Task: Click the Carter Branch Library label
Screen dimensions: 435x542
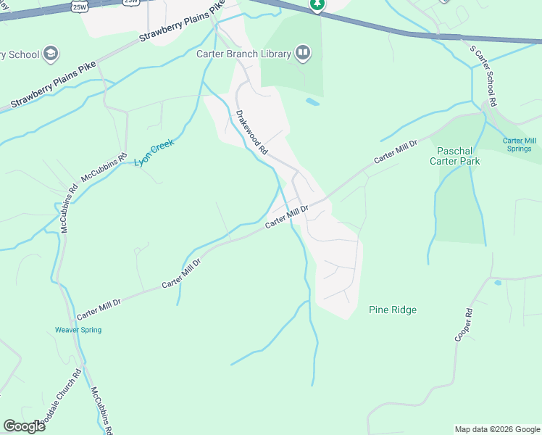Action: [x=243, y=54]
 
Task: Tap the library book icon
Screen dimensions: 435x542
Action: [x=302, y=53]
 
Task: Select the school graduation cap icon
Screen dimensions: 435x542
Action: [x=51, y=54]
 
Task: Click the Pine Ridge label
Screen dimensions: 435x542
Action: [x=393, y=310]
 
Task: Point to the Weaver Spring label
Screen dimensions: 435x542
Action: [x=78, y=330]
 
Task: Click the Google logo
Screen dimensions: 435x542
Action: [x=24, y=426]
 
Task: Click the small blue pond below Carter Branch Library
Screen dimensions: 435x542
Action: [x=313, y=102]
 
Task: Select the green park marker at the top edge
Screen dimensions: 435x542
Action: [x=317, y=4]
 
